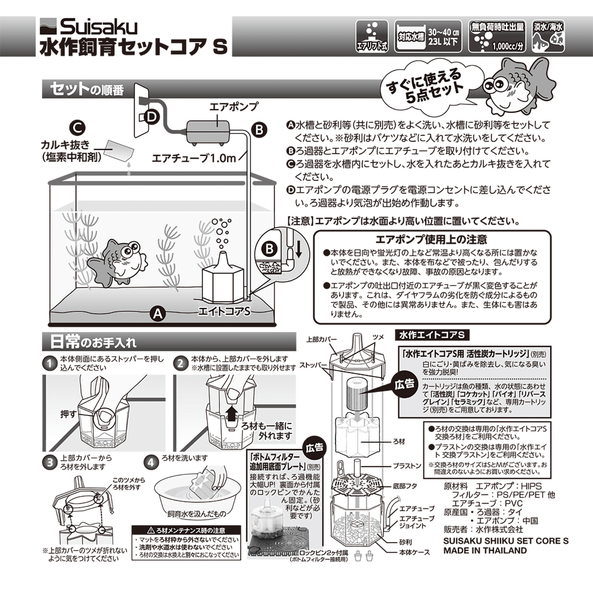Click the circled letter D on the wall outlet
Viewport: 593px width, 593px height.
click(x=151, y=117)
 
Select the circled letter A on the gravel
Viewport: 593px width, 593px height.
click(x=157, y=313)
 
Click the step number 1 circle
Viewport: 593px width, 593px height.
click(x=49, y=363)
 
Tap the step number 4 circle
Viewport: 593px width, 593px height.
click(x=150, y=462)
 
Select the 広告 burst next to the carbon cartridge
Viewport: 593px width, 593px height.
click(x=404, y=384)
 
